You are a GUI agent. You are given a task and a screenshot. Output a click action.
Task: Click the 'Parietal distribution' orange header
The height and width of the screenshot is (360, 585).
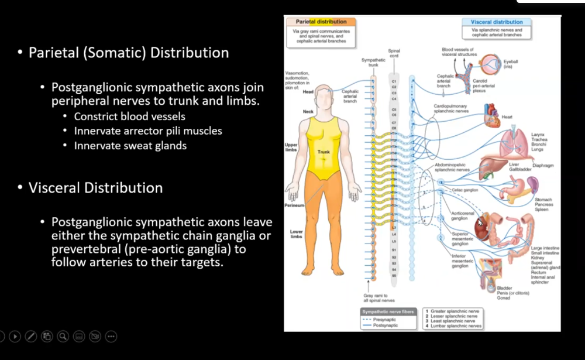click(x=321, y=22)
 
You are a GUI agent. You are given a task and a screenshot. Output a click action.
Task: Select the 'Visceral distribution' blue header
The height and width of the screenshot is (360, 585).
click(x=497, y=22)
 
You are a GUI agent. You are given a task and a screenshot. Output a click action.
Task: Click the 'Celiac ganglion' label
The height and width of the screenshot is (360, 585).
click(x=464, y=190)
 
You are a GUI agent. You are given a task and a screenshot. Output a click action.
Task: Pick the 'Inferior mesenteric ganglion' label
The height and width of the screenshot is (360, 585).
click(x=460, y=262)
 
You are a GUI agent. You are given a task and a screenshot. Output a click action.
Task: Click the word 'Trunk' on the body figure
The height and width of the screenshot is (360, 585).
click(x=324, y=152)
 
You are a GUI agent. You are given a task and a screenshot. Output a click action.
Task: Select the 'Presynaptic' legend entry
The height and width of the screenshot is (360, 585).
click(x=384, y=320)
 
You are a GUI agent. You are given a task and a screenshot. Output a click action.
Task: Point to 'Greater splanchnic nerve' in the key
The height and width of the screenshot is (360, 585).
click(x=456, y=311)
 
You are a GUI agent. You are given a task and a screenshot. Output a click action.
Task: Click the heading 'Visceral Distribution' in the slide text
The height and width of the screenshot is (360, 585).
click(x=95, y=188)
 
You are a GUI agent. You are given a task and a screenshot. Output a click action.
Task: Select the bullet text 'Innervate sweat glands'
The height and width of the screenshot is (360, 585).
click(x=130, y=145)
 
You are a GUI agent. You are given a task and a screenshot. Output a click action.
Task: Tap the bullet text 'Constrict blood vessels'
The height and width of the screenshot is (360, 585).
click(x=129, y=116)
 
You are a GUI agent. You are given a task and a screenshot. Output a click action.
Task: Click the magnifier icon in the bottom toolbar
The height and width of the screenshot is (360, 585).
click(x=63, y=337)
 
